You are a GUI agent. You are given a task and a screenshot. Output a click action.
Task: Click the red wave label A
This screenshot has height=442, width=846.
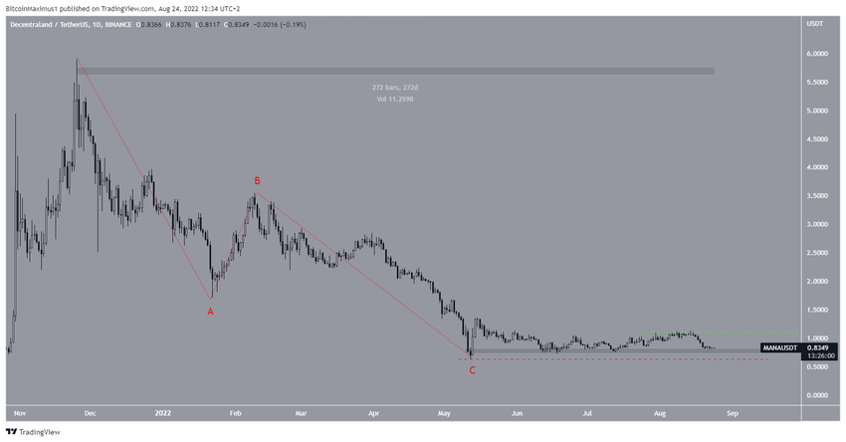pos(210,312)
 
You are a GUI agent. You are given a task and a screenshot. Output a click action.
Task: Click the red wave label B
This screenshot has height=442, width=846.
pos(257,181)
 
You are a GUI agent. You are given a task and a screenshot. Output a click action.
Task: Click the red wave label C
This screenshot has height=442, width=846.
pos(472,370)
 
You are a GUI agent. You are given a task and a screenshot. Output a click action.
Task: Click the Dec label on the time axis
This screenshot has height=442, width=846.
pos(89,410)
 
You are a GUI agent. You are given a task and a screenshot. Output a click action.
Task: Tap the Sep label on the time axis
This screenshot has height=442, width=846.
pos(732,410)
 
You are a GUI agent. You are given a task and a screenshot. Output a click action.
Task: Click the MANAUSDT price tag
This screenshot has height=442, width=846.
pos(778,347)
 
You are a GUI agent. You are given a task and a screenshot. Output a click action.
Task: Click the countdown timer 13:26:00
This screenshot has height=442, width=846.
pos(820,355)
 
